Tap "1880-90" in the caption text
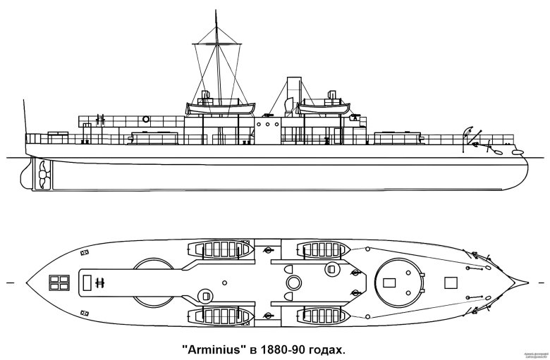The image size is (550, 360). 293,349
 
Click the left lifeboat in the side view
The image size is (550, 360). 212,108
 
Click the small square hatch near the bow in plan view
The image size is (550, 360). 451,283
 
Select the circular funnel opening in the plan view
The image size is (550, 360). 293,283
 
